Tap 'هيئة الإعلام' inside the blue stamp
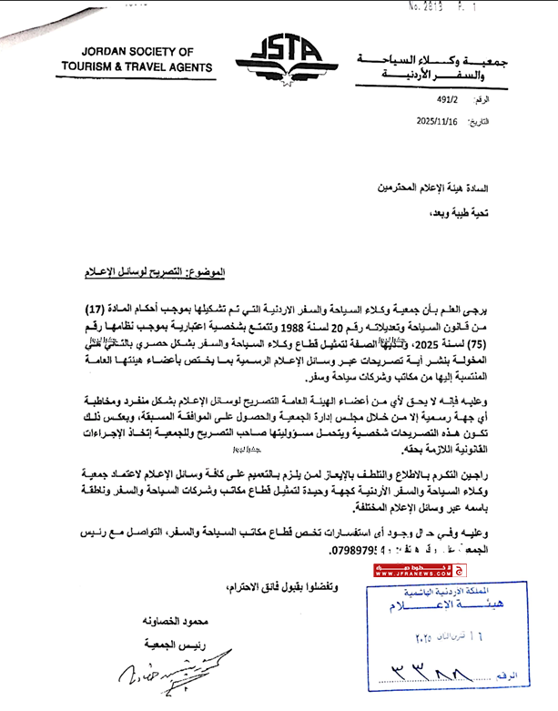[x=457, y=606]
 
